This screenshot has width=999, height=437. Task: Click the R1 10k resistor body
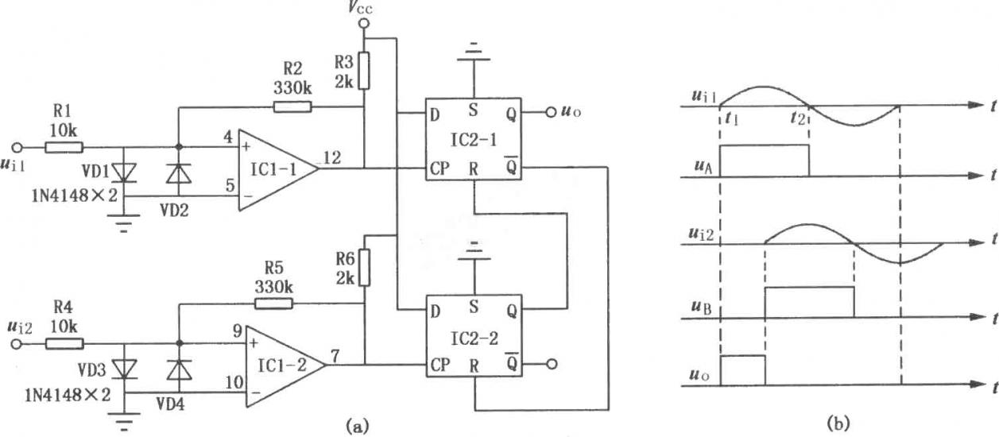coord(64,147)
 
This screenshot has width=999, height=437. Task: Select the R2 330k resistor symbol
coord(292,107)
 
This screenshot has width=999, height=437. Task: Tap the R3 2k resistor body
coord(364,71)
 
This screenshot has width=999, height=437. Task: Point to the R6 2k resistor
coord(364,268)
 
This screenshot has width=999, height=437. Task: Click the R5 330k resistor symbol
coord(274,304)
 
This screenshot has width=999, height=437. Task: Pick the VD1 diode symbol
coord(124,172)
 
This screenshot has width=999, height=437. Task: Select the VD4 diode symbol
coord(180,370)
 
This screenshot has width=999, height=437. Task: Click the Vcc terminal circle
coord(364,23)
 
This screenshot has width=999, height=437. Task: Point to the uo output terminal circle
coord(552,112)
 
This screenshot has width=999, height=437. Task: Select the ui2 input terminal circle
coord(17,344)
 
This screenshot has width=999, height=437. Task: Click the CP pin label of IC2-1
coord(439,168)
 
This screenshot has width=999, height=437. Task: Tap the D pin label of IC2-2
coord(436,311)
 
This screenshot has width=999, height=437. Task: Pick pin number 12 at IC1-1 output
coord(332,157)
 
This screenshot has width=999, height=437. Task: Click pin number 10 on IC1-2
coord(234,382)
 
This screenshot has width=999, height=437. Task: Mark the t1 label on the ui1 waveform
coord(731,118)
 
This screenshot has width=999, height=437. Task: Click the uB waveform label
coord(702,307)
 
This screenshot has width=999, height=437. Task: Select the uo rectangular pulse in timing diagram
coord(742,370)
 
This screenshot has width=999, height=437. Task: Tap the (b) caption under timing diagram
coord(838,423)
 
